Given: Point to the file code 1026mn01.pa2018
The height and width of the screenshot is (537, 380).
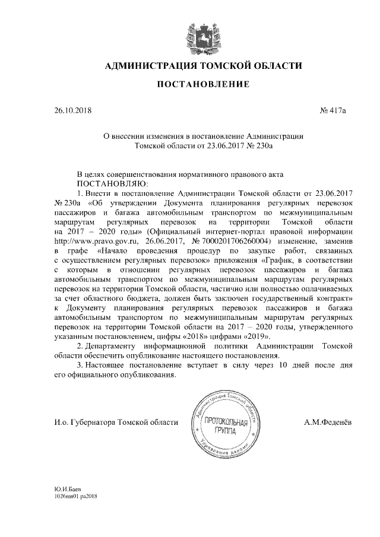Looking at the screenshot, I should click(75, 495).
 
